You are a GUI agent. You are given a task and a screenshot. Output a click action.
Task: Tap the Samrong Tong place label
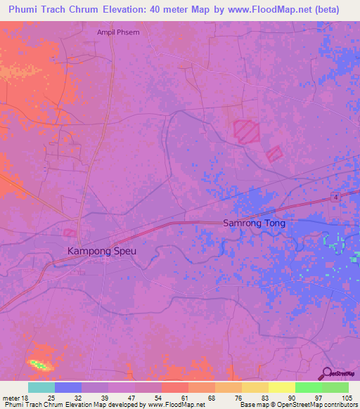[255, 223]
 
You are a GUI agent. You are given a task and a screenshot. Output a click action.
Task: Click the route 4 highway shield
[337, 197]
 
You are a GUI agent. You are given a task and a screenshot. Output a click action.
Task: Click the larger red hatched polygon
[246, 131]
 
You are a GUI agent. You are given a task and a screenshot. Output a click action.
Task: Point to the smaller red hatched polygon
[274, 153]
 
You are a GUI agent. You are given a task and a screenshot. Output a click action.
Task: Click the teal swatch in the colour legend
[41, 387]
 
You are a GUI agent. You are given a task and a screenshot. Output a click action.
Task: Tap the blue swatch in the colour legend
[68, 387]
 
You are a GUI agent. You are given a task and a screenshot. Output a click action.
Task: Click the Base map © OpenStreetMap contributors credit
[298, 405]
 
